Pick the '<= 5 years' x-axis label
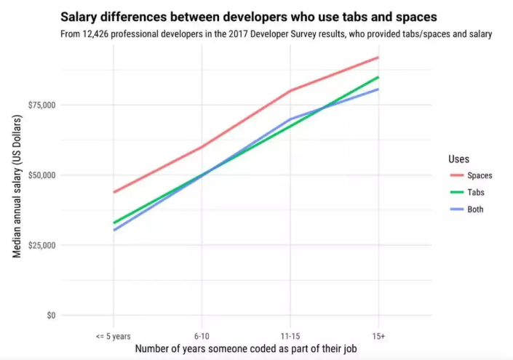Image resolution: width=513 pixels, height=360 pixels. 113,336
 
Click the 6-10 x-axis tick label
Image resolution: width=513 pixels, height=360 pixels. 202,336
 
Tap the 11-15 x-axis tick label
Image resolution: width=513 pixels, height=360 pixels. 290,336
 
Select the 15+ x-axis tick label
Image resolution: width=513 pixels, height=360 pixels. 378,336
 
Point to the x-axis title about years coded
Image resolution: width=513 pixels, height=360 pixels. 245,350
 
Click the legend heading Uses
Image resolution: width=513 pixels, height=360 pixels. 458,159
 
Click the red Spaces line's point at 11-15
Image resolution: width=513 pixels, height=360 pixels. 290,91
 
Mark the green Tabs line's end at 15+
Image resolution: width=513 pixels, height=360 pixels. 378,77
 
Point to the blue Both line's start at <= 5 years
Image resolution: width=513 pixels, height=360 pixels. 114,230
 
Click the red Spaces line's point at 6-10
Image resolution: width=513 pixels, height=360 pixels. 202,147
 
